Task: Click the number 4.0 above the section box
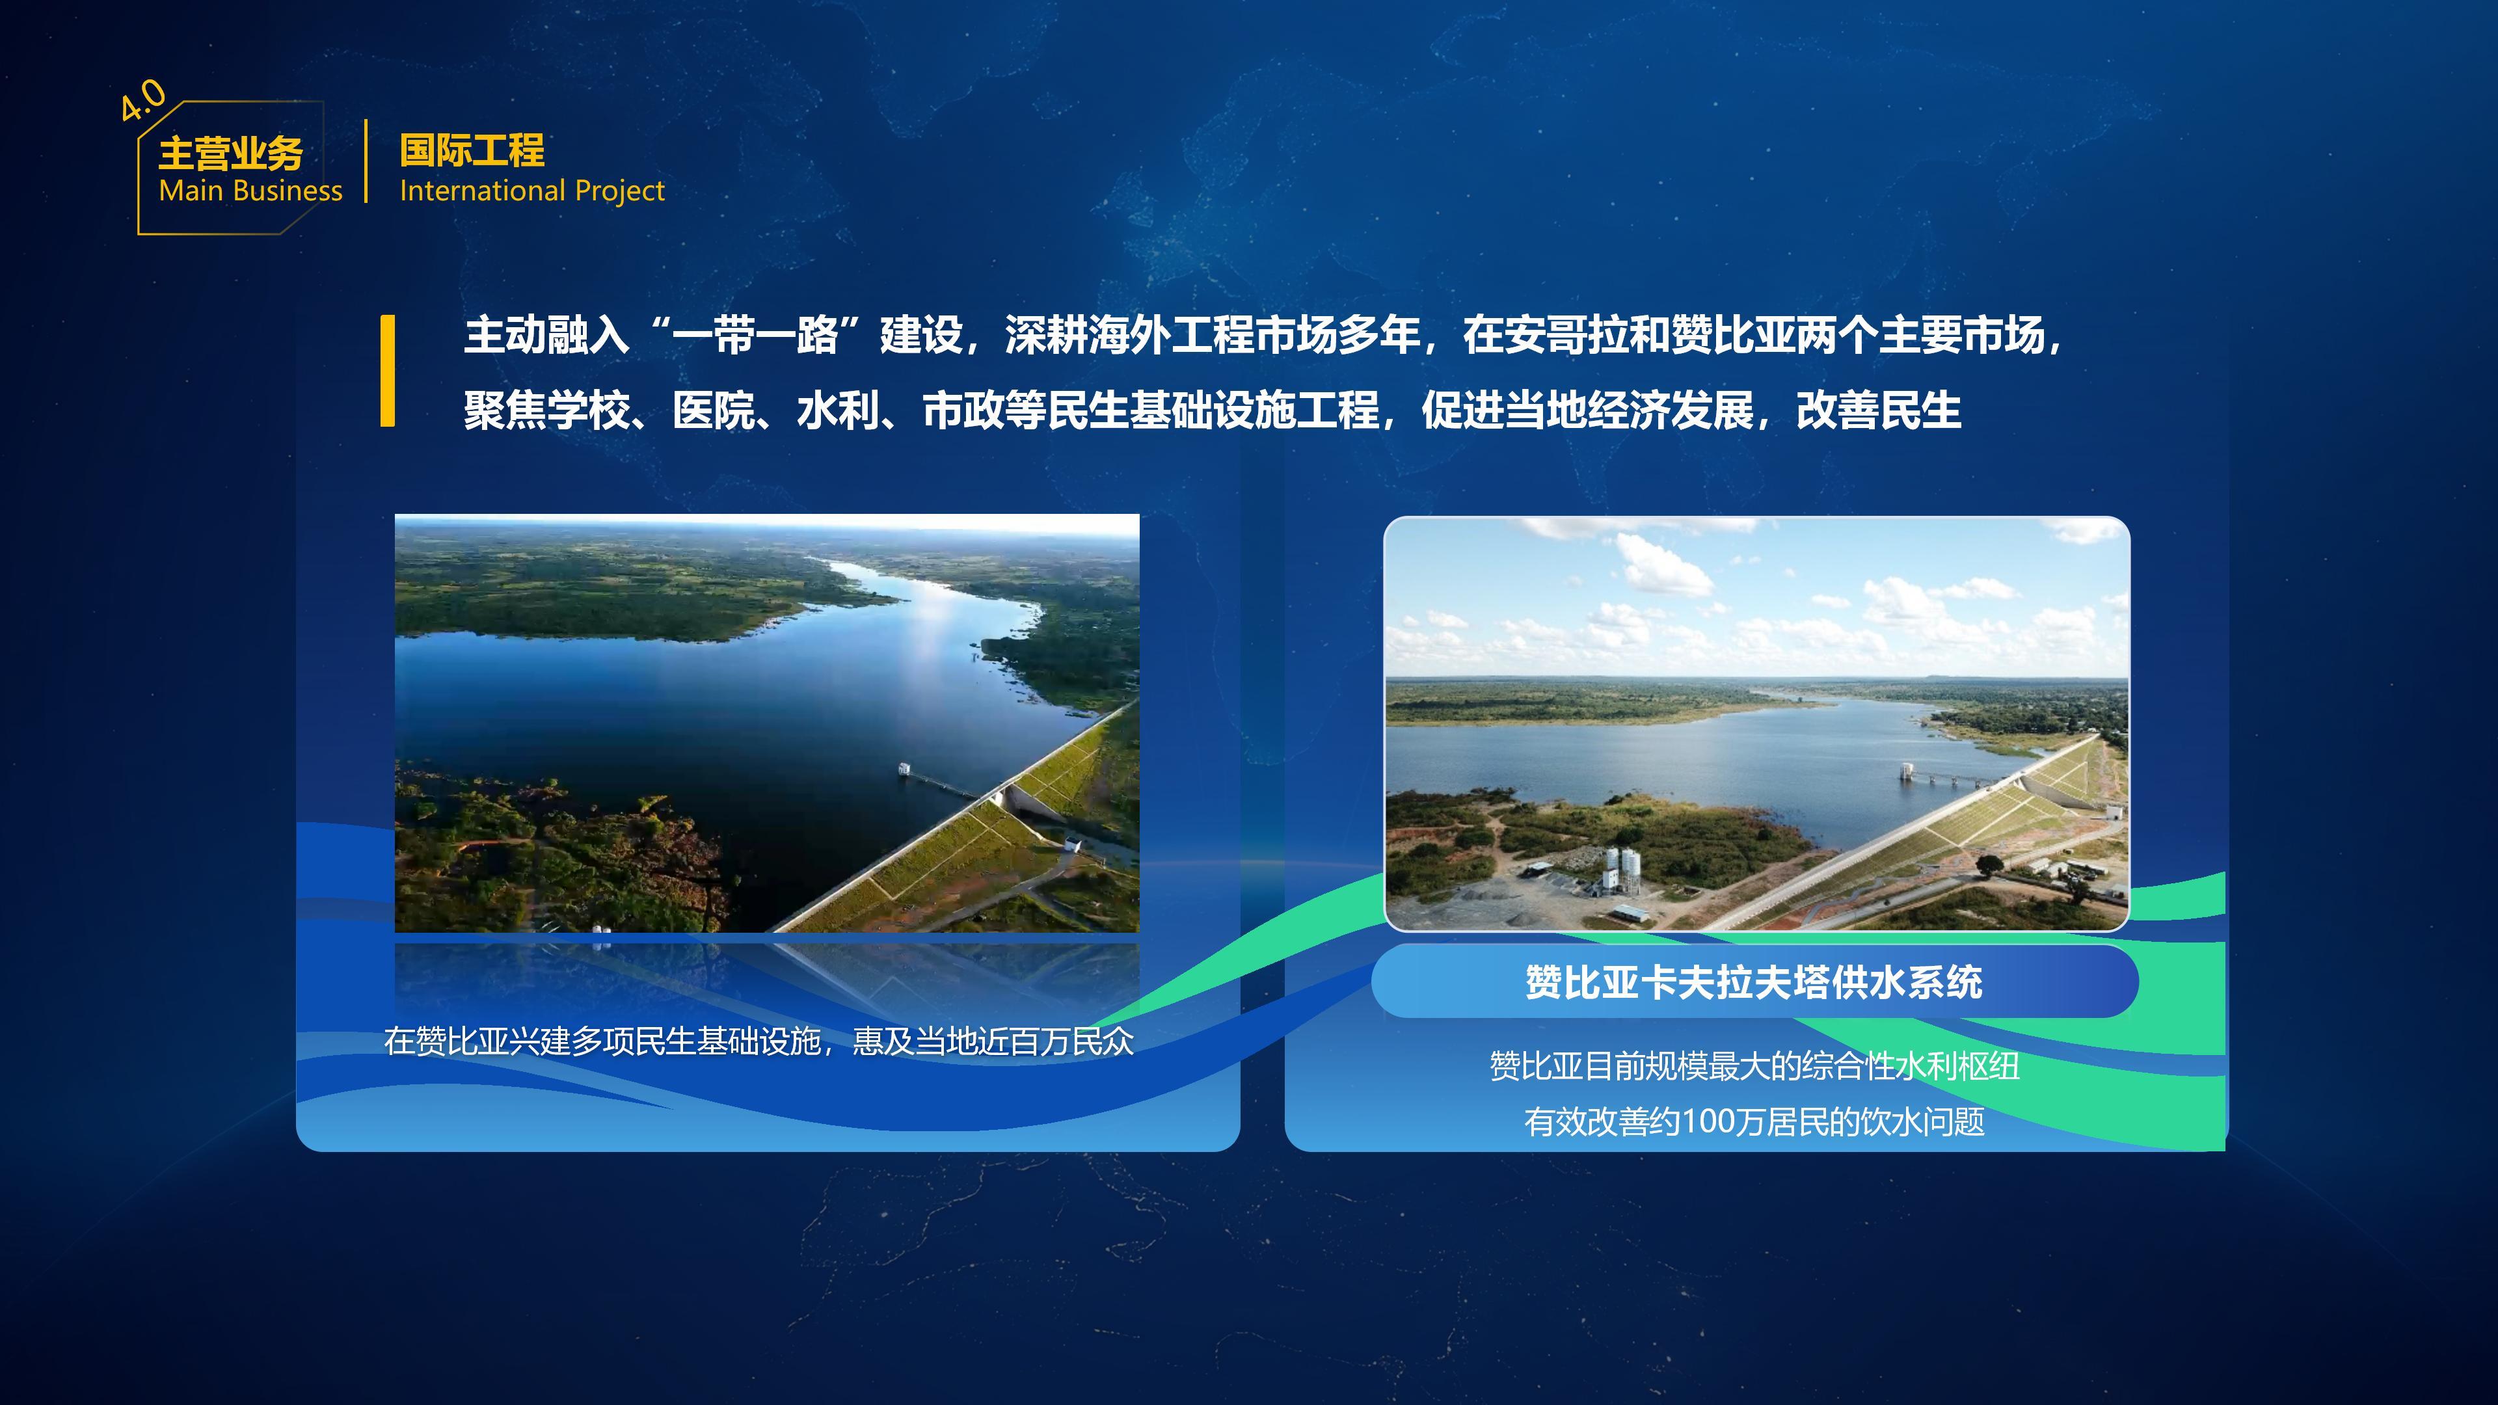click(144, 100)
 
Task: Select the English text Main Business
click(250, 191)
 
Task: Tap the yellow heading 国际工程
click(472, 150)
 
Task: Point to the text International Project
click(532, 191)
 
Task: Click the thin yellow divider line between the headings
click(366, 161)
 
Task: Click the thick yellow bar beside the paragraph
click(388, 370)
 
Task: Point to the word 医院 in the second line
click(715, 411)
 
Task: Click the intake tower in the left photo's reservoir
click(905, 769)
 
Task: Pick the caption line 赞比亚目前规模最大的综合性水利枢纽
click(1754, 1067)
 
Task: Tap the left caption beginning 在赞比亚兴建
click(759, 1041)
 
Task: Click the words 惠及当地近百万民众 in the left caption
click(993, 1041)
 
